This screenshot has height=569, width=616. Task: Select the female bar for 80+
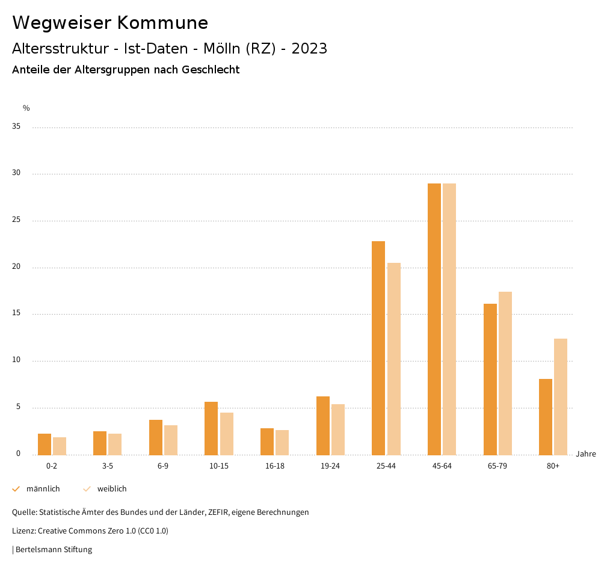tap(561, 396)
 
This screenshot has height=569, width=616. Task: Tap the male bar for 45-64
tap(434, 319)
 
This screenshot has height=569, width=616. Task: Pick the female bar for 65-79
tap(505, 373)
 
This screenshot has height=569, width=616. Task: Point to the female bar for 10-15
tap(227, 434)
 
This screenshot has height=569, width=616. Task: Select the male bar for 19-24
tap(323, 425)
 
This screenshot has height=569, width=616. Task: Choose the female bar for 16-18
tap(282, 442)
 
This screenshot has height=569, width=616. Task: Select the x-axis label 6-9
tap(163, 466)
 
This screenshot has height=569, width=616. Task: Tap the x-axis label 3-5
tap(108, 466)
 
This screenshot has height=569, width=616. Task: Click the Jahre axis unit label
tap(585, 454)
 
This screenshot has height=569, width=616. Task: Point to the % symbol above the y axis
tap(26, 108)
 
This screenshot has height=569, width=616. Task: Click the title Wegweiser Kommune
tap(110, 23)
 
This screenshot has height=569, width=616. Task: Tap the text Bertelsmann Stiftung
tap(54, 550)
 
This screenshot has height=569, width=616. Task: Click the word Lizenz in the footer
tap(23, 531)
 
